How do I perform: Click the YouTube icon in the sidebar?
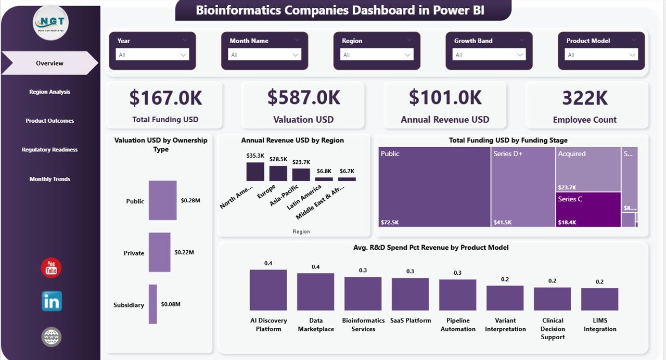click(51, 268)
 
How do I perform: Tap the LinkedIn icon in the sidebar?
click(52, 301)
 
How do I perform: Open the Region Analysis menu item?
click(49, 92)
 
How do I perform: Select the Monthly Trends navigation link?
click(49, 179)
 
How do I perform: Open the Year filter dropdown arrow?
click(183, 55)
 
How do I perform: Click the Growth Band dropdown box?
click(489, 55)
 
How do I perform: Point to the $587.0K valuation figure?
click(303, 98)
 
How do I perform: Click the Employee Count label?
click(584, 120)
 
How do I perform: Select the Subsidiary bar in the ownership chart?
click(152, 304)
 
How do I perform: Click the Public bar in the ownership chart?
click(162, 200)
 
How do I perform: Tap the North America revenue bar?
click(255, 172)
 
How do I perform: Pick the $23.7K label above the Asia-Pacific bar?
click(301, 162)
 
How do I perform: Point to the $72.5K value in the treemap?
click(390, 222)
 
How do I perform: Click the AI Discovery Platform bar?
click(268, 290)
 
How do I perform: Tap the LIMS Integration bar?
click(599, 299)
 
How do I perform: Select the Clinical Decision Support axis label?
click(552, 329)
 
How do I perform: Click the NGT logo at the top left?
click(50, 22)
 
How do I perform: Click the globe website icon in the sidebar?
click(52, 337)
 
